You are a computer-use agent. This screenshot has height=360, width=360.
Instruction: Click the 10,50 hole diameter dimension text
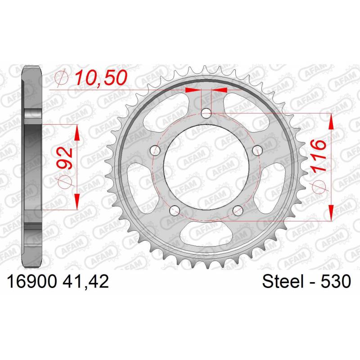pos(101,77)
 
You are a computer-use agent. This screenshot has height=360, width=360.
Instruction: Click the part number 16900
pos(32,282)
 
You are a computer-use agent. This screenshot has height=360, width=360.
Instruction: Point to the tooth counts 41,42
pos(85,282)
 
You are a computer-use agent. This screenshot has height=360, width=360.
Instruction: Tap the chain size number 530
pos(336,282)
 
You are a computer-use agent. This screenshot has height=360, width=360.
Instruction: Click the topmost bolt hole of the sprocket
pos(206,113)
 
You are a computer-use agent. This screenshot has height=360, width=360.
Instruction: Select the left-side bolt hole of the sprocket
pos(155,150)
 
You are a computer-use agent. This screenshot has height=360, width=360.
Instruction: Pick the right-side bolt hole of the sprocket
pos(257,150)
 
